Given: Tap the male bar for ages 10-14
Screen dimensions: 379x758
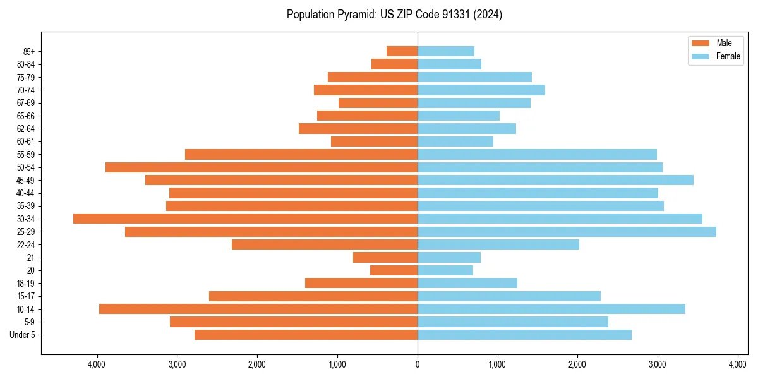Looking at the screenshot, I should pyautogui.click(x=258, y=309).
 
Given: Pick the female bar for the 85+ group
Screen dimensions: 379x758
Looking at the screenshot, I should pyautogui.click(x=446, y=51).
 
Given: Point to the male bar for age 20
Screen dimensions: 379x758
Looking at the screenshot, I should pyautogui.click(x=394, y=270).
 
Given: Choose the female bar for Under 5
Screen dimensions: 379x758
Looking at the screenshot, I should pyautogui.click(x=524, y=335).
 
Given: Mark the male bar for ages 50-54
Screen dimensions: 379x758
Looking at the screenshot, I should pyautogui.click(x=262, y=167).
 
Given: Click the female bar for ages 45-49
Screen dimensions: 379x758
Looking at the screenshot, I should pyautogui.click(x=555, y=180).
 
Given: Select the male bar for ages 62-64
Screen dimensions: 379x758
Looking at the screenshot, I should pyautogui.click(x=358, y=129).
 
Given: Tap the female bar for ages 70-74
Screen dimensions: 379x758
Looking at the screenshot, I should pyautogui.click(x=481, y=90).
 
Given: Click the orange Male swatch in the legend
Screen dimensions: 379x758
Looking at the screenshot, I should pyautogui.click(x=701, y=43).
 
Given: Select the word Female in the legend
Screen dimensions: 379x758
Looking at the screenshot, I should pyautogui.click(x=728, y=56).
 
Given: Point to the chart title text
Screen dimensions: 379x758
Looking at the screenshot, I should pyautogui.click(x=394, y=15).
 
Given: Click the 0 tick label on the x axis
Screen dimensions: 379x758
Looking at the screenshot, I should pyautogui.click(x=418, y=364).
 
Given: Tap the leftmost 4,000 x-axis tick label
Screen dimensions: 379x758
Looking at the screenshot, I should pyautogui.click(x=97, y=364).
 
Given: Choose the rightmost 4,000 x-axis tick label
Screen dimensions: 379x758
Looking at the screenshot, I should pyautogui.click(x=738, y=364).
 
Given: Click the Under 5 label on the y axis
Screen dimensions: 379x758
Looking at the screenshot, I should pyautogui.click(x=23, y=335).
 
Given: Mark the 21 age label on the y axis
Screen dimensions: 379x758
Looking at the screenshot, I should pyautogui.click(x=31, y=258).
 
